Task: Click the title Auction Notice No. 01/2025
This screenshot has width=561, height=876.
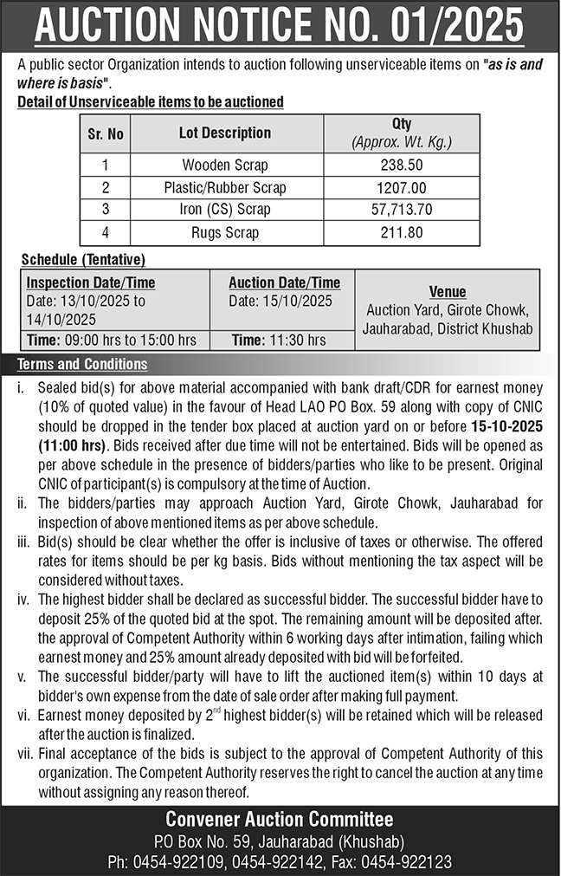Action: point(280,26)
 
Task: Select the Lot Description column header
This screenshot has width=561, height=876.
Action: point(225,133)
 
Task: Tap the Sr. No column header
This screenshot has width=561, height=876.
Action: point(106,134)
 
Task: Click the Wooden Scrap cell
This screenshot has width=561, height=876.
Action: point(225,165)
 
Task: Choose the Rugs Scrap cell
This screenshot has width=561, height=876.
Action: point(225,232)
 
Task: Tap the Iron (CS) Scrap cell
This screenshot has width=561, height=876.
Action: point(225,210)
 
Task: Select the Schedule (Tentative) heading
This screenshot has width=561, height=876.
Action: point(83,259)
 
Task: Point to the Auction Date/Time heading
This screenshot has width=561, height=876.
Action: point(284,283)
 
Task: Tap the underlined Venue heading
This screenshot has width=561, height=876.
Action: point(448,292)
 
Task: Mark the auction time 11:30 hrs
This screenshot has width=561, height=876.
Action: point(280,341)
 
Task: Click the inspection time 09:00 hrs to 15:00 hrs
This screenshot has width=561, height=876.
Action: point(112,341)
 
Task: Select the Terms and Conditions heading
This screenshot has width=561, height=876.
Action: point(82,364)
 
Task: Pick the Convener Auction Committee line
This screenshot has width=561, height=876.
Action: point(280,819)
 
